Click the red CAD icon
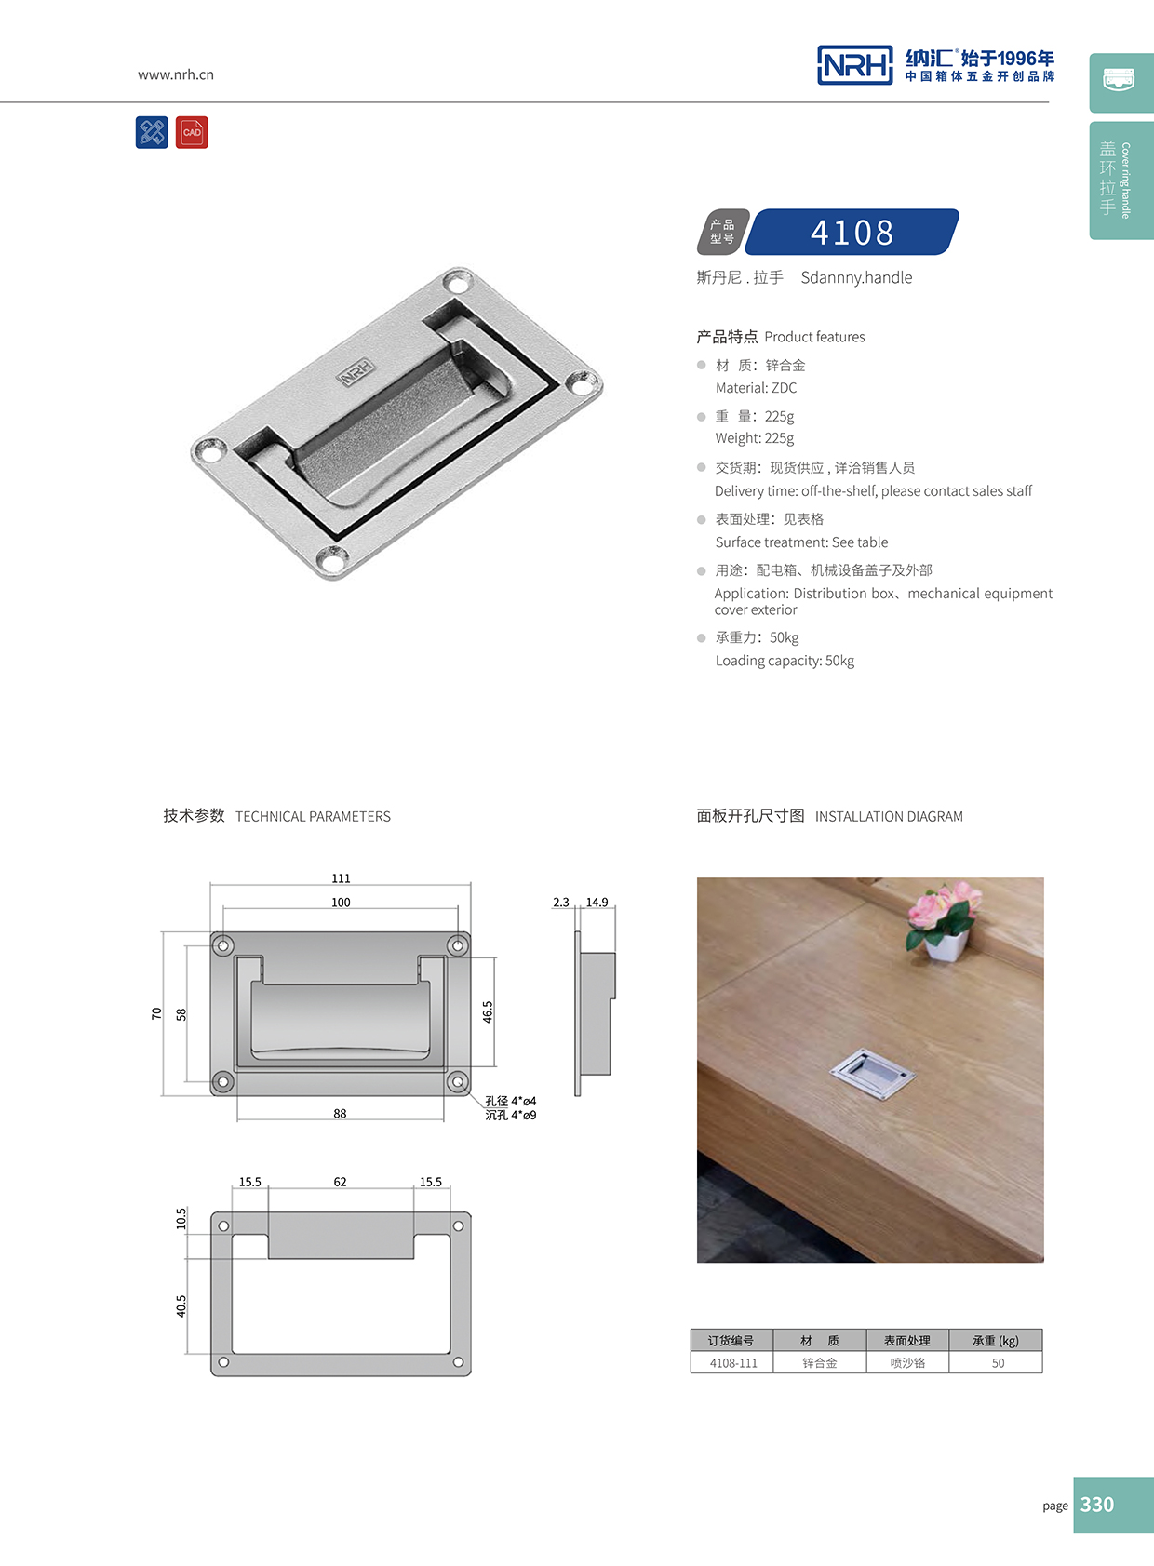click(192, 132)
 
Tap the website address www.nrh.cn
click(176, 74)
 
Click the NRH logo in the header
click(854, 65)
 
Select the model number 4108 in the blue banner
click(852, 232)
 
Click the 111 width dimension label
click(341, 878)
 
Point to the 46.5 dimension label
click(488, 1011)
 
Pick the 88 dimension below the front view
click(340, 1113)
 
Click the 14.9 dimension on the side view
click(597, 903)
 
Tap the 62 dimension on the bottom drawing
click(340, 1182)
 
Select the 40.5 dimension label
click(181, 1305)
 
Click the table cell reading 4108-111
click(733, 1363)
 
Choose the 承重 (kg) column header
click(995, 1341)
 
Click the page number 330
click(1097, 1505)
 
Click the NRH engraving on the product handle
click(356, 372)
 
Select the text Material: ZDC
click(756, 388)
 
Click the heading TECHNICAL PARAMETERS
click(313, 817)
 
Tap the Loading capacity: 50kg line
click(785, 661)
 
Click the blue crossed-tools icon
click(152, 132)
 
